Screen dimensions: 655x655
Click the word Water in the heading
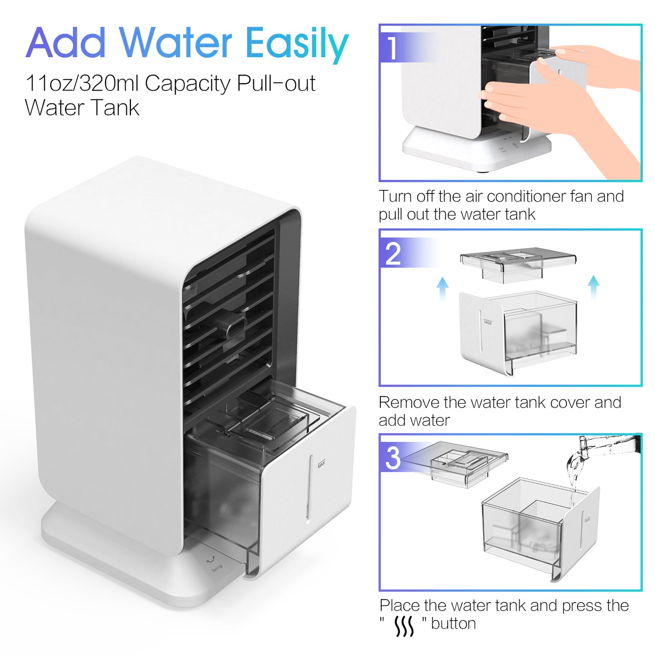pos(176,43)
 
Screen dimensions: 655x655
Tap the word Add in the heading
pos(66,43)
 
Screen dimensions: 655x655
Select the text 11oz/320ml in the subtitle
pos(82,83)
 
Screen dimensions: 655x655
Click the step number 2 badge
pos(393,253)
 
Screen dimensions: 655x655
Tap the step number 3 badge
pos(393,457)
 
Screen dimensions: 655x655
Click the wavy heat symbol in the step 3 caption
pos(404,626)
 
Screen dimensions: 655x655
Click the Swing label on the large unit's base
pos(217,568)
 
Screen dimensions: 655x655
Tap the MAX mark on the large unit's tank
pos(321,464)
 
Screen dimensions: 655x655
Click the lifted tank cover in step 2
pos(518,264)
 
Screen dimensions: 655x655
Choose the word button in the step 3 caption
pos(453,623)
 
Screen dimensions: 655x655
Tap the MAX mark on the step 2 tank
pos(488,321)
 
